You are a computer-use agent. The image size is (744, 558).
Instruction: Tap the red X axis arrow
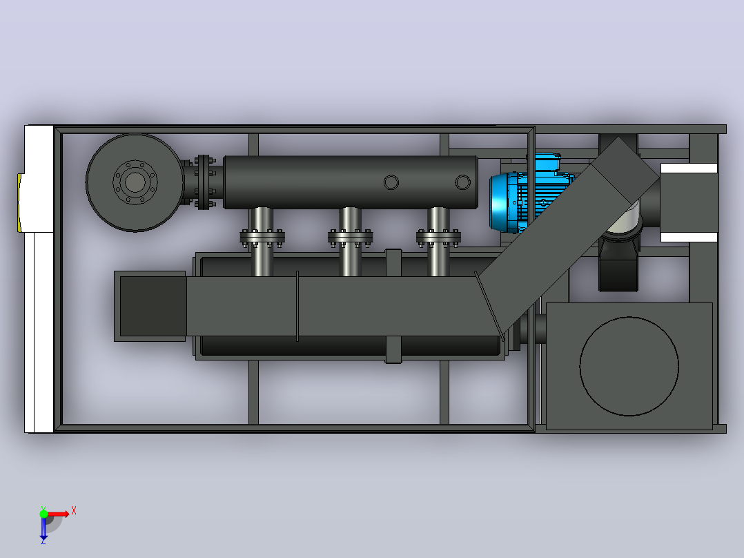59,514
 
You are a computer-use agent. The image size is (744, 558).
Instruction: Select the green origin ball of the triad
43,513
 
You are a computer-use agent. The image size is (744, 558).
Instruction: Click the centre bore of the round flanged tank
135,182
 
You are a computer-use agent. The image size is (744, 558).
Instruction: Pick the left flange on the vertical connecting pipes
262,237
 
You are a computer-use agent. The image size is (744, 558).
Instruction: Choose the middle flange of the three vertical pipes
350,237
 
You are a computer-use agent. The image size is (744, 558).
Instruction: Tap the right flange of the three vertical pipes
438,237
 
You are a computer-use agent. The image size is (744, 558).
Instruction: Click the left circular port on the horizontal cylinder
391,182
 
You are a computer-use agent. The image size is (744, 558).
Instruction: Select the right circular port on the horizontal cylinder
462,182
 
